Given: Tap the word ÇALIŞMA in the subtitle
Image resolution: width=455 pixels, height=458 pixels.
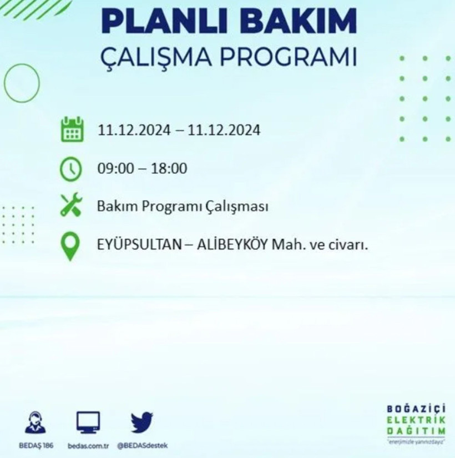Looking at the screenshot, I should click(x=167, y=57).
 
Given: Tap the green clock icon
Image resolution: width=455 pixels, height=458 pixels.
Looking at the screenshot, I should click(x=71, y=169).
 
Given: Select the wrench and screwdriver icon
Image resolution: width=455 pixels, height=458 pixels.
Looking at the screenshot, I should click(x=71, y=206).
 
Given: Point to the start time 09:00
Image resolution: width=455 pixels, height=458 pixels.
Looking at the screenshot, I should click(x=115, y=168).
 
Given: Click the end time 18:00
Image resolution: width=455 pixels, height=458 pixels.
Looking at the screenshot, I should click(x=169, y=168).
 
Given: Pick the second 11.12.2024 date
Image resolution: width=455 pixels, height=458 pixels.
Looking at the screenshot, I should click(x=224, y=130).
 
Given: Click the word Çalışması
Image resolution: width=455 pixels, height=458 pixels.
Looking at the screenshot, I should click(x=237, y=207).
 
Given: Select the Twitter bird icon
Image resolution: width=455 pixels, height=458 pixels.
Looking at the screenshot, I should click(x=142, y=422).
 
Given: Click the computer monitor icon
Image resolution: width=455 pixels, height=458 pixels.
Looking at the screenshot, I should click(x=88, y=422).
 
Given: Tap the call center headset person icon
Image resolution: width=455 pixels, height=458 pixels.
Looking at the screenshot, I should click(x=36, y=422).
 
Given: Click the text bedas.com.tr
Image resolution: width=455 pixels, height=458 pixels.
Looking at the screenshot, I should click(x=88, y=446).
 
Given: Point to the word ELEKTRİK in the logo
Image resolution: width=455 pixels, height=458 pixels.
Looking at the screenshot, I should click(x=416, y=421).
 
